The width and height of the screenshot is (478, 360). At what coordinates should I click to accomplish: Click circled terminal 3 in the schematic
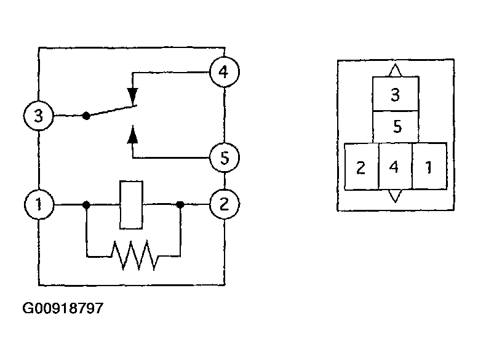point(39,116)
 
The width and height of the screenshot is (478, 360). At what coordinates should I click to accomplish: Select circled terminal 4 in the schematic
point(225,72)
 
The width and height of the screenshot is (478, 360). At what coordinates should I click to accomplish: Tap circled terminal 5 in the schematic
point(225,158)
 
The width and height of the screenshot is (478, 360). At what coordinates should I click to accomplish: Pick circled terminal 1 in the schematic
point(39,204)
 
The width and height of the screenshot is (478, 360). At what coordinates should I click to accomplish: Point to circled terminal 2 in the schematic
point(225,204)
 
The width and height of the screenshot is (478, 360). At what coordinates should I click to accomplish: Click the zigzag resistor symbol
point(135,255)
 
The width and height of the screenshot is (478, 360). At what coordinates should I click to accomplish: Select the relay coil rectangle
point(131,205)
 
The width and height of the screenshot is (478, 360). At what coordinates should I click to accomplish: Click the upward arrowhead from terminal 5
point(133,134)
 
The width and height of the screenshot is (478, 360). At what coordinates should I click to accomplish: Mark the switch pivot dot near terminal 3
point(86,116)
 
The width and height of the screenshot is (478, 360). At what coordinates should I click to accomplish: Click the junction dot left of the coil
point(86,204)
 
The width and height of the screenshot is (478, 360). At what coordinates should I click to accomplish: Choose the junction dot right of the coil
point(180,204)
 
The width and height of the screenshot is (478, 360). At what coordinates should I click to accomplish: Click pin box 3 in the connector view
point(396,94)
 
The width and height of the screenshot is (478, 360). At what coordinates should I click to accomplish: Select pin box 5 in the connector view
point(396,127)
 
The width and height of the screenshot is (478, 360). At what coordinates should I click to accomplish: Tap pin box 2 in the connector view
point(361,166)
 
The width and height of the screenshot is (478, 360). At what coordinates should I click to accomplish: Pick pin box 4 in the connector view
point(396,166)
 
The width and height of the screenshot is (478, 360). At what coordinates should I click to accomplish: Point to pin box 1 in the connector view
point(429,166)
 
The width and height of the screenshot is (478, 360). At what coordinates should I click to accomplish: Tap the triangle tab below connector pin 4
point(395,196)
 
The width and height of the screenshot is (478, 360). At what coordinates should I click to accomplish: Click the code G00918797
point(63,308)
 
